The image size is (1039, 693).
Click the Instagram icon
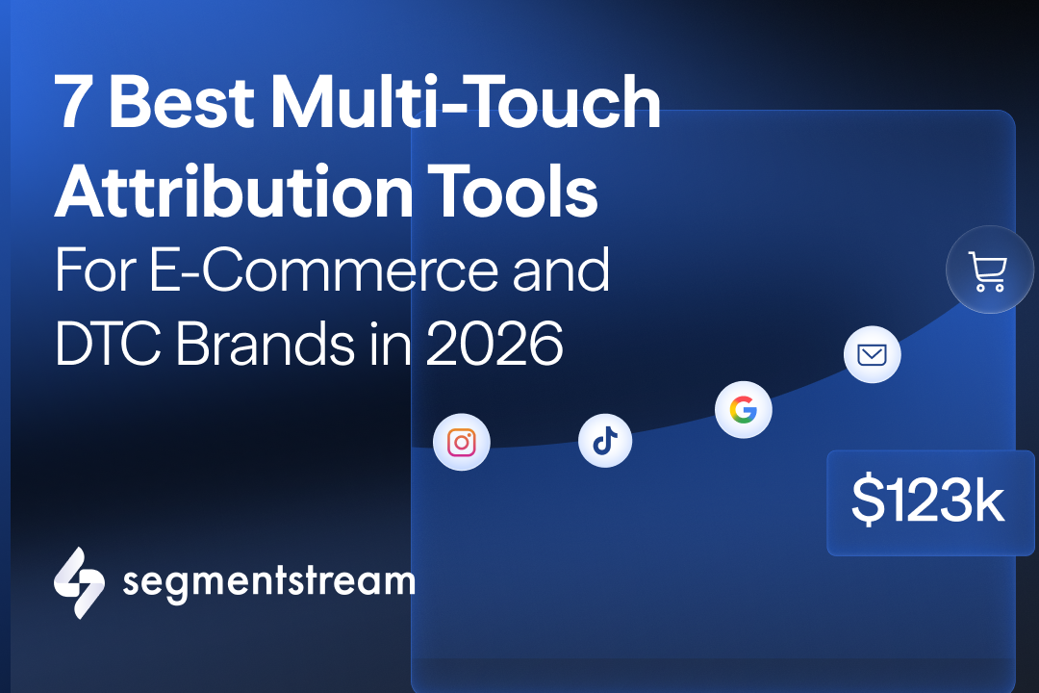(x=462, y=443)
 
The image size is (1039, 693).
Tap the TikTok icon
(x=605, y=441)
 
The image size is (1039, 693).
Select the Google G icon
(x=744, y=411)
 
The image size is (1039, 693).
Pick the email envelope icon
(x=872, y=355)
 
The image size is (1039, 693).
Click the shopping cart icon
(x=989, y=271)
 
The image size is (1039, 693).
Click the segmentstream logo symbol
(x=79, y=582)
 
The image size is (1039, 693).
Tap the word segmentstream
(x=268, y=581)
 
